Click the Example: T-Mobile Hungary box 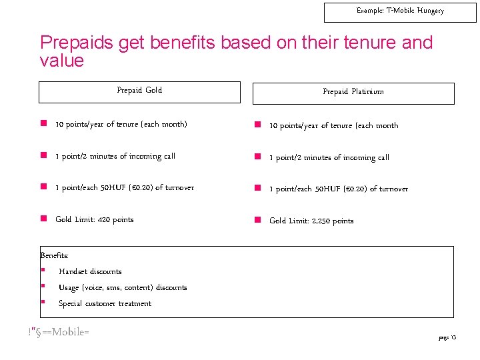tap(400, 12)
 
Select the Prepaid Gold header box tap(139, 92)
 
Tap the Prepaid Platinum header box tap(353, 93)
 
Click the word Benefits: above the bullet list tap(55, 255)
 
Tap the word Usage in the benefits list tap(69, 287)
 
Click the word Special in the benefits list tap(71, 303)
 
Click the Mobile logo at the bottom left tap(59, 331)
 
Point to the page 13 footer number tap(447, 338)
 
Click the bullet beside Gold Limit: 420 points tap(43, 219)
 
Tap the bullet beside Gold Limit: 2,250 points tap(257, 220)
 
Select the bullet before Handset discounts tap(43, 271)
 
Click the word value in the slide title tap(62, 61)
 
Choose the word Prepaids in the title tap(76, 43)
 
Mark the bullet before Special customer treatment tap(43, 303)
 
